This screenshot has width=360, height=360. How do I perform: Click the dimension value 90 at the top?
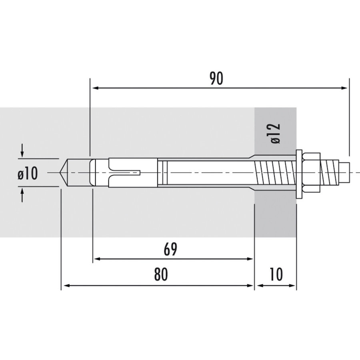click(x=216, y=79)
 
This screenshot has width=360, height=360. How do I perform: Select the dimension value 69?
click(x=170, y=249)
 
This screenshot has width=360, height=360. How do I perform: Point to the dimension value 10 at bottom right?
click(x=276, y=275)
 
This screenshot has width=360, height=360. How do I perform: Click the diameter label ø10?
click(x=27, y=174)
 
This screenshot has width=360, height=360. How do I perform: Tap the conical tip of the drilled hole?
click(x=64, y=173)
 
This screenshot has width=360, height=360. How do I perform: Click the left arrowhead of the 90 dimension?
click(x=95, y=88)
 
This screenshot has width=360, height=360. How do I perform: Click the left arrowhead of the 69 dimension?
click(x=97, y=259)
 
